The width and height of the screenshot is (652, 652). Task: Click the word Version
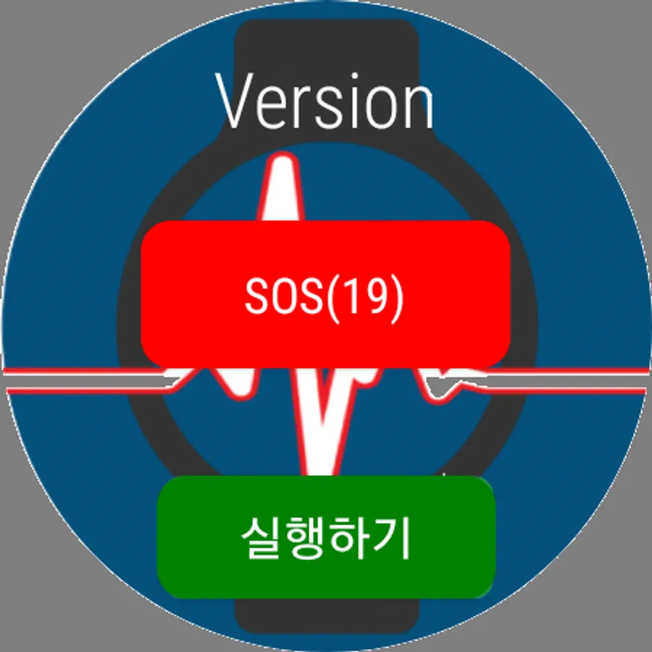point(325,101)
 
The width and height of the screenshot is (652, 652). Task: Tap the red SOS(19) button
point(325,294)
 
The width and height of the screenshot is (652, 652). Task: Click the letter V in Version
point(235,101)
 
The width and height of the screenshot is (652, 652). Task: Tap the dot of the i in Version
point(355,77)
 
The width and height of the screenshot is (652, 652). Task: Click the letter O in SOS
point(287,296)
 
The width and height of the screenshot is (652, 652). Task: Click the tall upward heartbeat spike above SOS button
point(282,187)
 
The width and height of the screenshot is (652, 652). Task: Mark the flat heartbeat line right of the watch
point(566,380)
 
